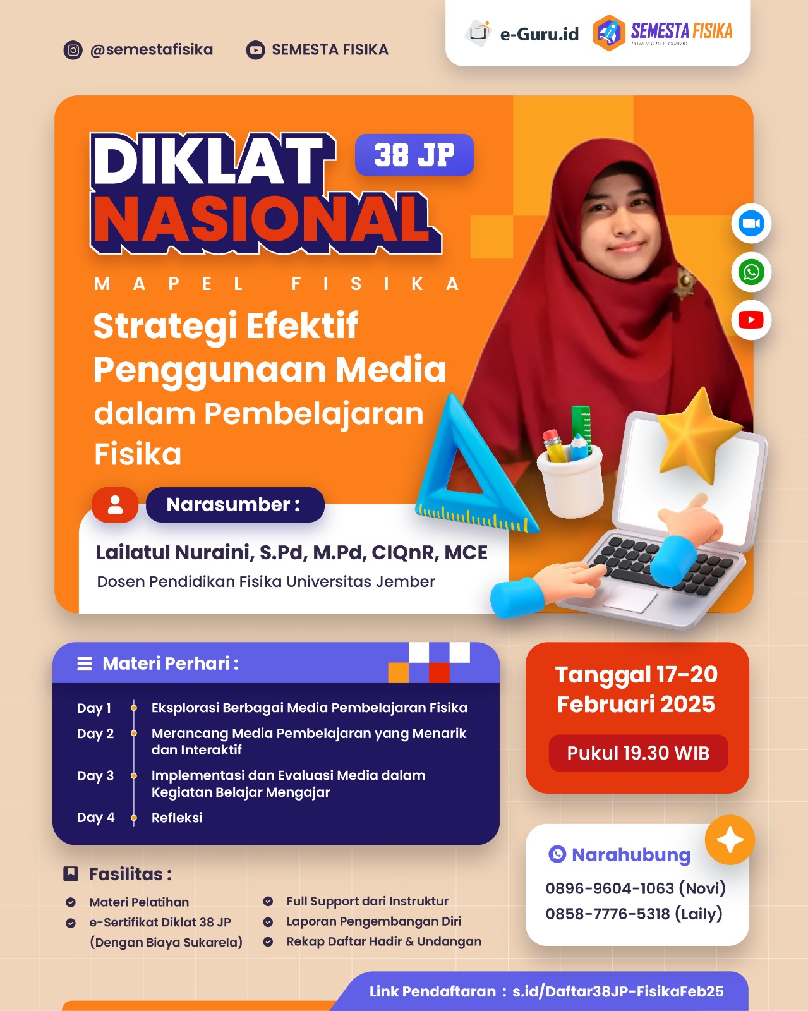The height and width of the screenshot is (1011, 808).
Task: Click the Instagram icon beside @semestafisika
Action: click(x=73, y=50)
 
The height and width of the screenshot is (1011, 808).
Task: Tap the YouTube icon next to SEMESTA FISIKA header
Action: click(x=255, y=50)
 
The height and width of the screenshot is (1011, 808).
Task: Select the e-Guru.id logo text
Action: click(x=539, y=34)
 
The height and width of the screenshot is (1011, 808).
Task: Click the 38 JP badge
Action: click(x=414, y=155)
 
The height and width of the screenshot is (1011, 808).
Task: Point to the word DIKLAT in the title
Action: click(x=208, y=161)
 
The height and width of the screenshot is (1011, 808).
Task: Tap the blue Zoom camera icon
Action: click(x=751, y=224)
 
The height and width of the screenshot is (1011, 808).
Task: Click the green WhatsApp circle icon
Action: click(x=751, y=272)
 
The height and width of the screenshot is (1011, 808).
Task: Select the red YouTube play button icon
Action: click(x=751, y=320)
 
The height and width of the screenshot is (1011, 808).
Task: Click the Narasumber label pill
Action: click(x=234, y=505)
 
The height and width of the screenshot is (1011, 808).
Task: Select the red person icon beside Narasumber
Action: click(x=115, y=505)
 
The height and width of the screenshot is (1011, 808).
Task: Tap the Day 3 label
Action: click(x=95, y=776)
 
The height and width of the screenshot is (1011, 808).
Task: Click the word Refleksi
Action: click(x=177, y=818)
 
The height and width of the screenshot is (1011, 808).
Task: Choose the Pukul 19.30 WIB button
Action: click(x=638, y=753)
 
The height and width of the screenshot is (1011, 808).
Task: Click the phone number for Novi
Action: click(x=610, y=888)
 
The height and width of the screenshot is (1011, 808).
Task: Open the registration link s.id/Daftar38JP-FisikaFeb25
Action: click(x=617, y=991)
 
